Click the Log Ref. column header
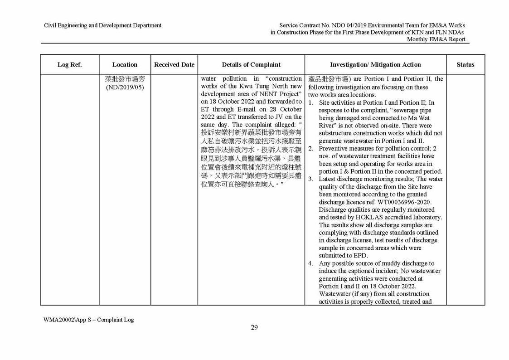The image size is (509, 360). (x=69, y=65)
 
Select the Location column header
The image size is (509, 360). (x=125, y=65)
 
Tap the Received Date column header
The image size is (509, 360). (x=174, y=65)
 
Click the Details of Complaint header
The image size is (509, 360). (x=252, y=65)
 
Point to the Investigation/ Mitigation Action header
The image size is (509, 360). (x=375, y=65)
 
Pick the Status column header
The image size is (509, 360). (x=465, y=65)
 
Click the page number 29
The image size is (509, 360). (x=254, y=328)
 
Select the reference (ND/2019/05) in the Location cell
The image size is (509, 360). (x=125, y=87)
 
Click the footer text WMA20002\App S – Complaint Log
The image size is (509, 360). (x=88, y=319)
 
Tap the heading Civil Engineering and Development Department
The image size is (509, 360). (x=102, y=25)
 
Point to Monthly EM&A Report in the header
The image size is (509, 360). (x=436, y=39)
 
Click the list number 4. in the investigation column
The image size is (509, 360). (x=311, y=263)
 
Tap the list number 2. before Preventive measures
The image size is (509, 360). (x=311, y=148)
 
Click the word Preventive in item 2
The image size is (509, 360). (x=334, y=148)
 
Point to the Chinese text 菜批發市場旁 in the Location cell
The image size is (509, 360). (x=125, y=79)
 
